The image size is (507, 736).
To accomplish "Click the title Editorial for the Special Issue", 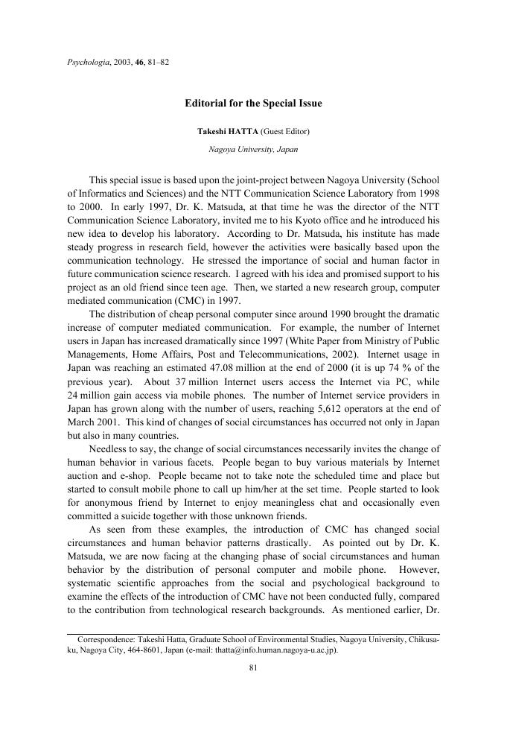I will point(253,104).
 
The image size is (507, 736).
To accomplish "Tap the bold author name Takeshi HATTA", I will point(227,131).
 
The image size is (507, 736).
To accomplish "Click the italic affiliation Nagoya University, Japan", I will point(253,149).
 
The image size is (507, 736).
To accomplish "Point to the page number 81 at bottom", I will point(253,668).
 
